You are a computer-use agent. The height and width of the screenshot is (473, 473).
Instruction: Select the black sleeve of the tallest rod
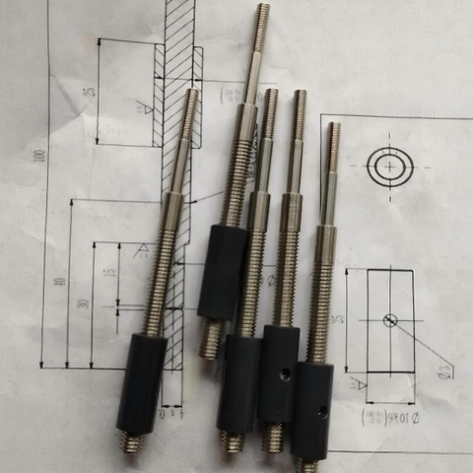(223, 272)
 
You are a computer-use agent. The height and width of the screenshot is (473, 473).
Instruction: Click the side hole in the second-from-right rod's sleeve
(285, 374)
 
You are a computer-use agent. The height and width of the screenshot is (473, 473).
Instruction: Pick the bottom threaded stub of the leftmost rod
(130, 442)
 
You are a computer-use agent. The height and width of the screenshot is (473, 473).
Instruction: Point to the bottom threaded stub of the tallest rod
(211, 339)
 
